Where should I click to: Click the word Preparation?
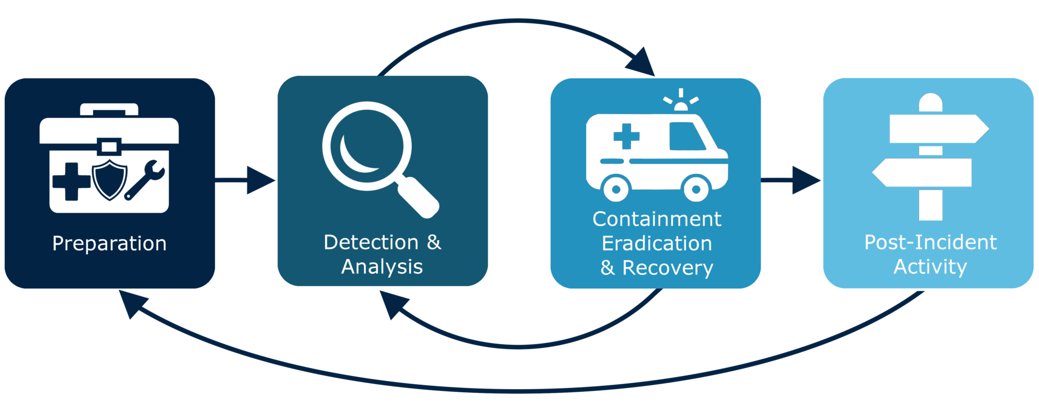(x=109, y=244)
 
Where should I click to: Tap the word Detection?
(x=371, y=242)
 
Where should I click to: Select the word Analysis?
(x=382, y=267)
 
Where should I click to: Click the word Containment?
(x=657, y=219)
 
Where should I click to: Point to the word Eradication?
(x=657, y=244)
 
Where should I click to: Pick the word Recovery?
(x=668, y=268)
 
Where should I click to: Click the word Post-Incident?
(x=930, y=242)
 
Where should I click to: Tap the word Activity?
(x=930, y=267)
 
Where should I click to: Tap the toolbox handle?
(x=109, y=109)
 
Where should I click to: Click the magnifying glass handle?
(x=418, y=197)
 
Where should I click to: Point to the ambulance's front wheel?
(x=696, y=189)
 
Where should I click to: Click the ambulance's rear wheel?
(x=616, y=189)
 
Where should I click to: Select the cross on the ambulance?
(x=626, y=136)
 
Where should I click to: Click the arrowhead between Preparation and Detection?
(x=260, y=180)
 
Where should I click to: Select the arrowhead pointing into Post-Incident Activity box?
(x=806, y=180)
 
